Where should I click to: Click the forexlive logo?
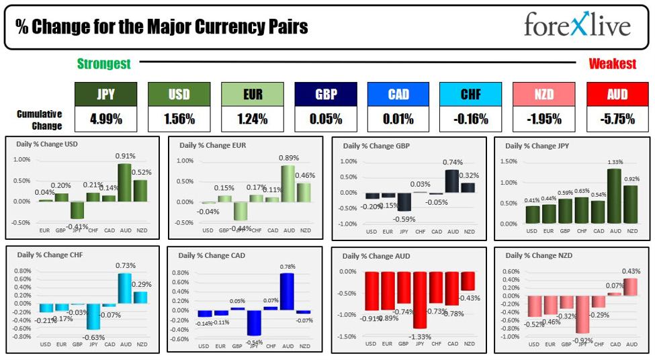pos(577,25)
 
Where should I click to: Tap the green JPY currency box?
pos(105,94)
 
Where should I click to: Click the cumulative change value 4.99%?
pos(105,120)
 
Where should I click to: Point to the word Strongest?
pos(103,64)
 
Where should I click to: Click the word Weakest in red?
pos(612,64)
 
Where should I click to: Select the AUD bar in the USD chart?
pos(124,182)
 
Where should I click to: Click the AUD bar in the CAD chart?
pos(288,291)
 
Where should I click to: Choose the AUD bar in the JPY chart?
pos(615,196)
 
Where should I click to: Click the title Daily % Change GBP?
pos(376,146)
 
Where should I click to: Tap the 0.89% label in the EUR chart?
pos(288,158)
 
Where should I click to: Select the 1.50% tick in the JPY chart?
pos(508,161)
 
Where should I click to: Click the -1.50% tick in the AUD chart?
pos(347,336)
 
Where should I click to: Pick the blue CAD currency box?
pos(398,94)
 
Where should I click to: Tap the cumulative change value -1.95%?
pos(544,120)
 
